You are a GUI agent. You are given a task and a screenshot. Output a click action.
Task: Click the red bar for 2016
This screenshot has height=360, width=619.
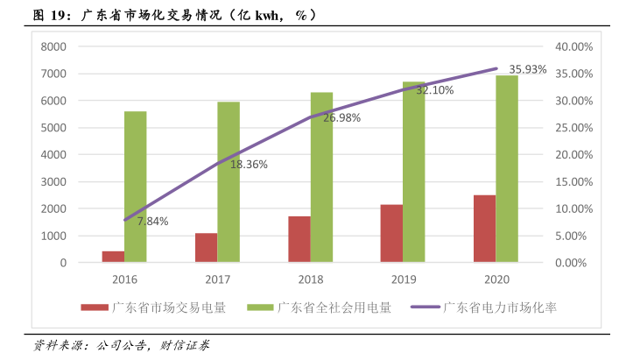pyautogui.click(x=113, y=257)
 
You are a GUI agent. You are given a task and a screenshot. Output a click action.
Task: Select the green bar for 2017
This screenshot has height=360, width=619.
pyautogui.click(x=229, y=182)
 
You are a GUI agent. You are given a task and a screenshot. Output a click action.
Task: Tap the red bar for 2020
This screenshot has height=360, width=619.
pyautogui.click(x=484, y=229)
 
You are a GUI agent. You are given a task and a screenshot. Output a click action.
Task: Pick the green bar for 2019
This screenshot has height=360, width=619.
pyautogui.click(x=414, y=172)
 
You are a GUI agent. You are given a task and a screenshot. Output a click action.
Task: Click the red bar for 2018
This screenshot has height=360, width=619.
pyautogui.click(x=299, y=239)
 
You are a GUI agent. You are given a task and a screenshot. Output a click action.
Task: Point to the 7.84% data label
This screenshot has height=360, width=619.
pyautogui.click(x=152, y=222)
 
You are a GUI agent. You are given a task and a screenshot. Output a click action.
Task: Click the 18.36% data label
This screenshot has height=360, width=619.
pyautogui.click(x=249, y=164)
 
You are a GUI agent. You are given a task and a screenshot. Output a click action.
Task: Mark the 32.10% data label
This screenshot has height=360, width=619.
pyautogui.click(x=434, y=90)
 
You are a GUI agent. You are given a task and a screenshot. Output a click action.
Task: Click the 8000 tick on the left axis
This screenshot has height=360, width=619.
pyautogui.click(x=54, y=46)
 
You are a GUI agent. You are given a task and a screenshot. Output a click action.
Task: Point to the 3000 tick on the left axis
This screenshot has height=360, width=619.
pyautogui.click(x=54, y=181)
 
